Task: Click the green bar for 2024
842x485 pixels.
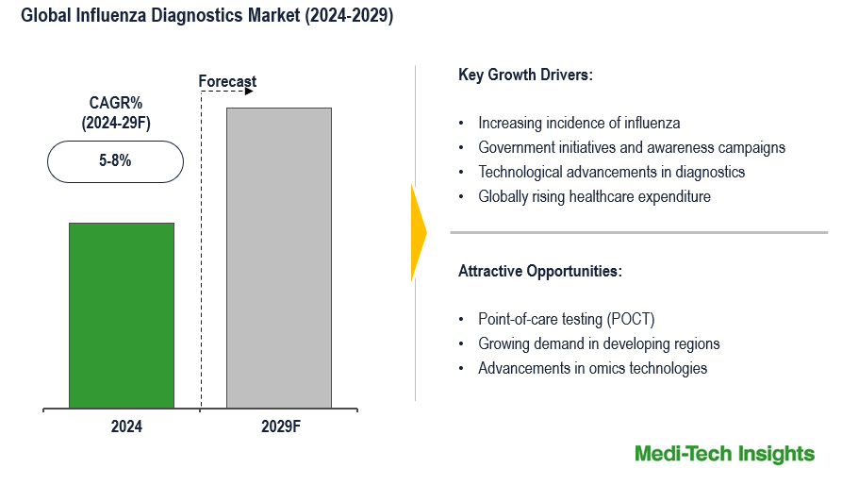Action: pos(122,315)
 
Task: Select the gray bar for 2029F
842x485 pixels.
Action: pos(280,258)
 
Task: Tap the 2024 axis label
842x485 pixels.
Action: pos(126,426)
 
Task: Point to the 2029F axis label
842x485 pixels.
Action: pos(281,426)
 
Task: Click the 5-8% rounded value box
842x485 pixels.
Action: pos(115,161)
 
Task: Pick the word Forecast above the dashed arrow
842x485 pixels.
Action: pos(227,81)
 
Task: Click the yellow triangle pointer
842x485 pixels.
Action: pos(419,232)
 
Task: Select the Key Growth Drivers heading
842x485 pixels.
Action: pos(525,75)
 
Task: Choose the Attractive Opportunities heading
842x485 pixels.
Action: pos(540,271)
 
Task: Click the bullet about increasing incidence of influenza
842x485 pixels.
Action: pos(579,123)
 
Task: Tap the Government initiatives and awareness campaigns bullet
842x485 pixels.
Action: pos(632,147)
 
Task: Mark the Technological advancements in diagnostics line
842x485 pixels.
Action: pos(612,172)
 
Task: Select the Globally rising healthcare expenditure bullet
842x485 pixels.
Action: pos(594,196)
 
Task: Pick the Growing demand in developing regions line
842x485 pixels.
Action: pos(599,343)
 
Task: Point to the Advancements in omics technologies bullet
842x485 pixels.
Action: pos(592,368)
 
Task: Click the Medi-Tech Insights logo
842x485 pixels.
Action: pos(724,454)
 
